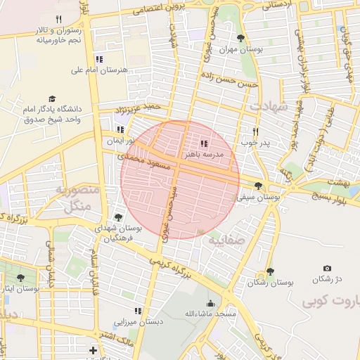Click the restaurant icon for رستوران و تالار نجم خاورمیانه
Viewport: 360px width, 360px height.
(58, 20)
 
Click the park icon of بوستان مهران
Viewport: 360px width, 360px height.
(242, 39)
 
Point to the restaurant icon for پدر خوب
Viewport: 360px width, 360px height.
(256, 131)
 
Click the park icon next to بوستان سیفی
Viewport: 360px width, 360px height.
(259, 186)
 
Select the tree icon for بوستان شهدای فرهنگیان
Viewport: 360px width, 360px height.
(117, 217)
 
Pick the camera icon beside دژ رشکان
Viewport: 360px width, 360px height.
(327, 269)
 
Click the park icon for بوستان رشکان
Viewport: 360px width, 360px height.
(271, 271)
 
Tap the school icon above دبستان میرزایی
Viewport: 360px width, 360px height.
(139, 310)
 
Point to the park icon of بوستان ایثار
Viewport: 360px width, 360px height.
(20, 278)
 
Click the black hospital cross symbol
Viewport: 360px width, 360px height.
(93, 349)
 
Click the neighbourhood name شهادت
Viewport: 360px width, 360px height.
(268, 106)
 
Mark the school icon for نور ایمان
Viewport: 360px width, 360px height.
(120, 129)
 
